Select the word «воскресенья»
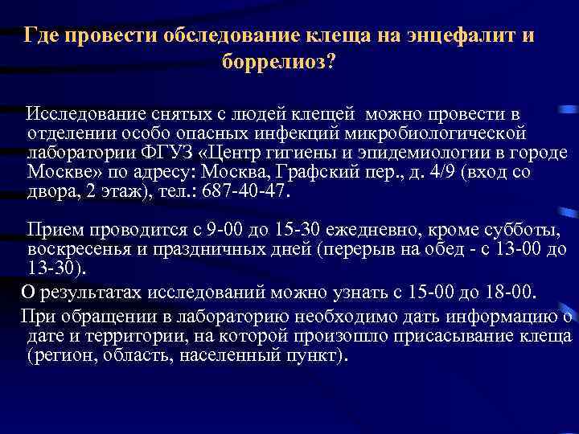pyautogui.click(x=78, y=251)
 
